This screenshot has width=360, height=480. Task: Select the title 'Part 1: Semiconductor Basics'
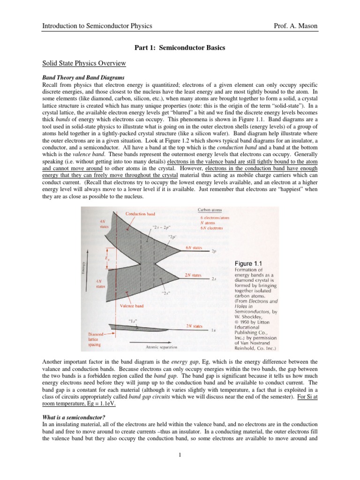coord(180,48)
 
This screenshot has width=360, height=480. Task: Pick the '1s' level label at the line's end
coord(214,330)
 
